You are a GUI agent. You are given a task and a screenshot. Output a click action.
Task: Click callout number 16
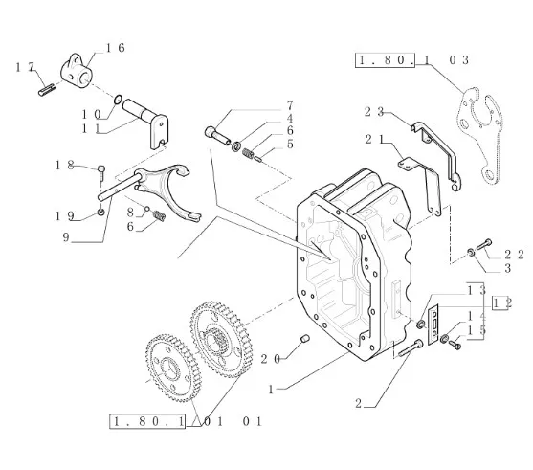pos(116,48)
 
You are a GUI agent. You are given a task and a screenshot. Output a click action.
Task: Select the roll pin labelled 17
pos(46,90)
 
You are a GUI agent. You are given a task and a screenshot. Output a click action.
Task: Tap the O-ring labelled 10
pos(118,100)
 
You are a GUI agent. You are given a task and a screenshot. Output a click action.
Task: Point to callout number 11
pos(91,129)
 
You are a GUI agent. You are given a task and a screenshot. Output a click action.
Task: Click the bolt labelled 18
pos(101,172)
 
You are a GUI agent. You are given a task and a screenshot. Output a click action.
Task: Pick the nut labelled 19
pos(100,213)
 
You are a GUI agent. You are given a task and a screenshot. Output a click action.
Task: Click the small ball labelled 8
pos(147,209)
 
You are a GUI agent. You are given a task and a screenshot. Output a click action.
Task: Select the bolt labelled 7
pos(217,135)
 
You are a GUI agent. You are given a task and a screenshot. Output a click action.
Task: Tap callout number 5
pos(290,144)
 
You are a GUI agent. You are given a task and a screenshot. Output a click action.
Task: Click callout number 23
pos(374,112)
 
